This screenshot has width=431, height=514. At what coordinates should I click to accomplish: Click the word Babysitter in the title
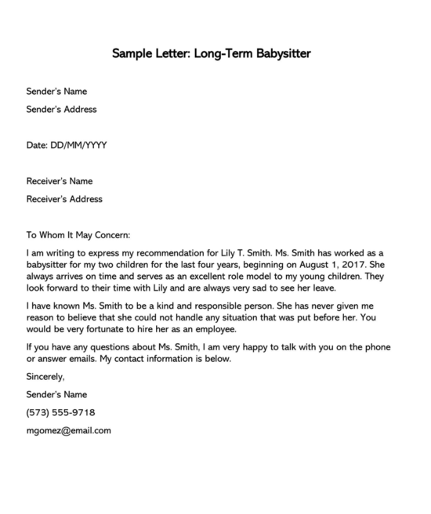[x=281, y=54]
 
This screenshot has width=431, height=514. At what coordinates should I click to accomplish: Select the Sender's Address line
[x=62, y=110]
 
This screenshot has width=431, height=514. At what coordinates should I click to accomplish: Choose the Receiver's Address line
[x=64, y=199]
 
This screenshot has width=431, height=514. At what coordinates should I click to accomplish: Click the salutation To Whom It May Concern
[x=78, y=234]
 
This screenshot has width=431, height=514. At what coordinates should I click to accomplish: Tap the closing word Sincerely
[x=45, y=377]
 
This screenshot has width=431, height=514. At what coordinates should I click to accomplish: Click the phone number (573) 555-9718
[x=61, y=412]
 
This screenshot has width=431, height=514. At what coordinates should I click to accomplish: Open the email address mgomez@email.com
[x=69, y=430]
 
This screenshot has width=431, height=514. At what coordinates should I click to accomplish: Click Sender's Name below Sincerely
[x=56, y=394]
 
